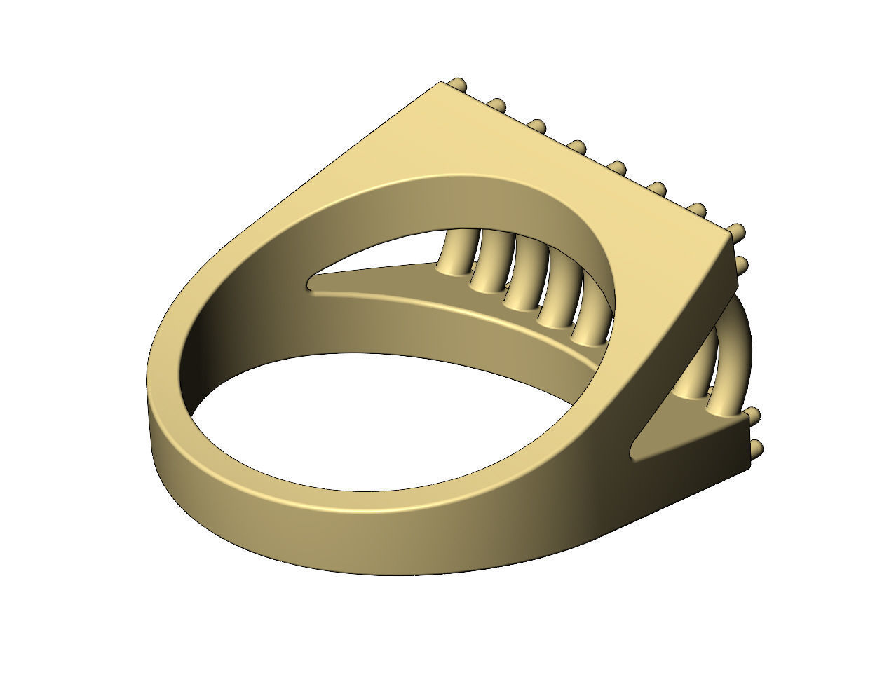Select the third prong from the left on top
[x=538, y=126]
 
